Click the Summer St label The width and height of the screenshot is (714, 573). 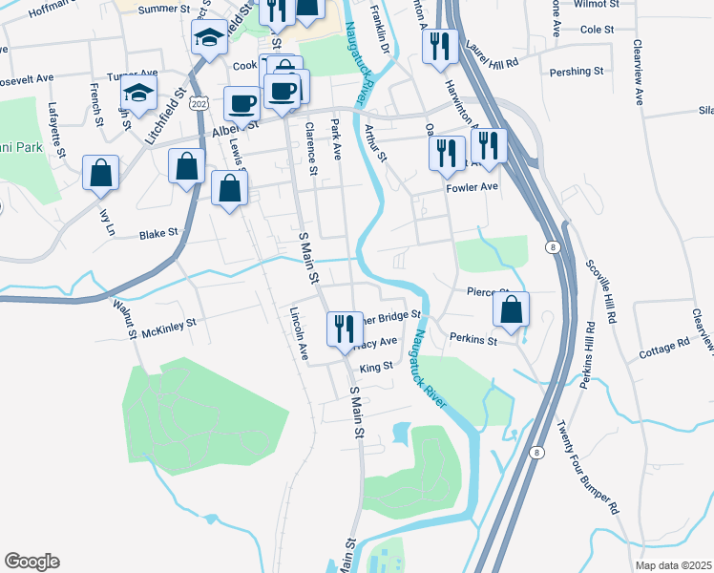[x=165, y=9]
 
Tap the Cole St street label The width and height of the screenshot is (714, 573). [x=597, y=30]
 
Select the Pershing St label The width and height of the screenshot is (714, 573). [x=577, y=71]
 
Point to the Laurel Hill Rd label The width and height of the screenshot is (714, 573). [x=492, y=53]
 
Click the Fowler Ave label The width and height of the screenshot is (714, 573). [x=472, y=187]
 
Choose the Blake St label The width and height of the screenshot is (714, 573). [x=158, y=233]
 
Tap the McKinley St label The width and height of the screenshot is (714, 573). [x=168, y=324]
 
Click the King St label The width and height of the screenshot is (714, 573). [x=376, y=367]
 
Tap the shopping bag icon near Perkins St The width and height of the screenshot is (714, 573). [x=512, y=309]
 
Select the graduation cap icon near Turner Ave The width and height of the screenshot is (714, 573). [x=139, y=95]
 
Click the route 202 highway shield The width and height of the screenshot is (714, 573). [x=199, y=102]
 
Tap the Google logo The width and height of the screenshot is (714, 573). [x=31, y=561]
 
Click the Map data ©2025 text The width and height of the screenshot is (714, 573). [x=672, y=565]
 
